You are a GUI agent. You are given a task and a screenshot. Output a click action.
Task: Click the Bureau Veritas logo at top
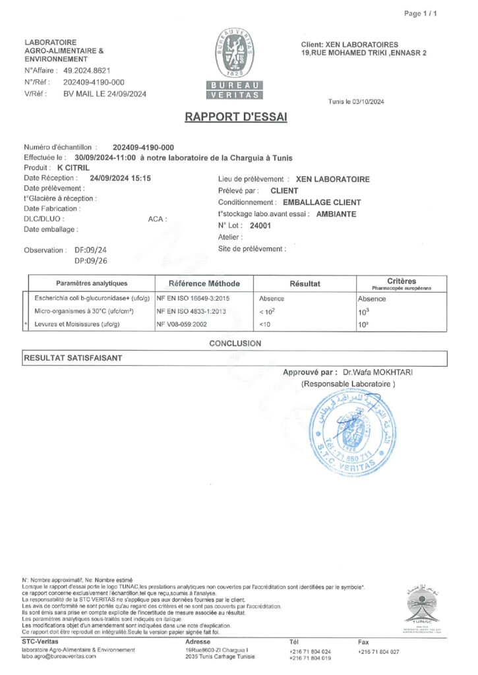click(235, 65)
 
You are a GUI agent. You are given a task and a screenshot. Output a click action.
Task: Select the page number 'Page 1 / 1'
click(420, 13)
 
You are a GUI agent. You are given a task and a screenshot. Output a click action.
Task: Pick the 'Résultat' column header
click(305, 283)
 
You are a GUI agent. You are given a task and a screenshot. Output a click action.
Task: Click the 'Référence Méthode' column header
click(204, 283)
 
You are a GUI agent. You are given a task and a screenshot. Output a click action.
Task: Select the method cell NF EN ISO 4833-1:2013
click(191, 311)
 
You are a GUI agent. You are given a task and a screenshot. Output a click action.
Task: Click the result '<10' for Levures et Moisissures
click(265, 324)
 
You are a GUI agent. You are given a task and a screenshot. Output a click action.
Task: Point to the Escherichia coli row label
click(89, 299)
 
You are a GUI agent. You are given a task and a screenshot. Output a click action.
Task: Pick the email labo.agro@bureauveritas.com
click(59, 656)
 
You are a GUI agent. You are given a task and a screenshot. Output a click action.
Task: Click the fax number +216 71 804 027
click(378, 651)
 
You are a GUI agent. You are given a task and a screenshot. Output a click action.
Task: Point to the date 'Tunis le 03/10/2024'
click(355, 102)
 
